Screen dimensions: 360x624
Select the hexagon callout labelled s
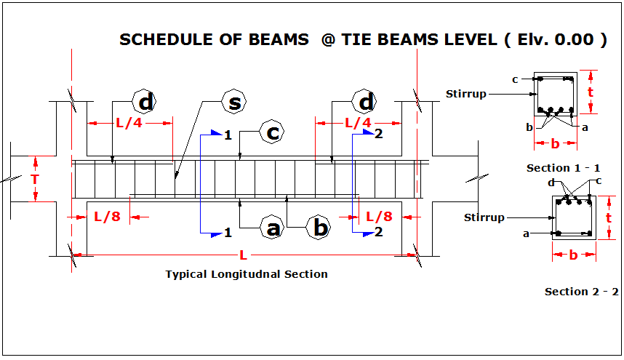pyautogui.click(x=234, y=103)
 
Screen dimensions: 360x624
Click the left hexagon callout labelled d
pyautogui.click(x=145, y=103)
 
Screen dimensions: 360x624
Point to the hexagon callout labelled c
pyautogui.click(x=273, y=133)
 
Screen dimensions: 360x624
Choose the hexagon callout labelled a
pyautogui.click(x=273, y=228)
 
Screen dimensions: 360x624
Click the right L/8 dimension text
pyautogui.click(x=379, y=216)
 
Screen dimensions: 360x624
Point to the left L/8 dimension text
pyautogui.click(x=108, y=216)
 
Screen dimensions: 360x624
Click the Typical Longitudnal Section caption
pyautogui.click(x=247, y=274)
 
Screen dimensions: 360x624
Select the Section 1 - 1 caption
pyautogui.click(x=559, y=168)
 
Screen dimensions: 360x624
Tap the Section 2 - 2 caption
pyautogui.click(x=582, y=292)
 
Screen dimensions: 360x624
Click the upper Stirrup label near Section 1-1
pyautogui.click(x=465, y=93)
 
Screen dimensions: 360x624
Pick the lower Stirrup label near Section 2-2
pyautogui.click(x=484, y=217)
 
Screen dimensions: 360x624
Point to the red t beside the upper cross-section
pyautogui.click(x=591, y=92)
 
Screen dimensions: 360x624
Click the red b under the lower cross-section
pyautogui.click(x=573, y=255)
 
